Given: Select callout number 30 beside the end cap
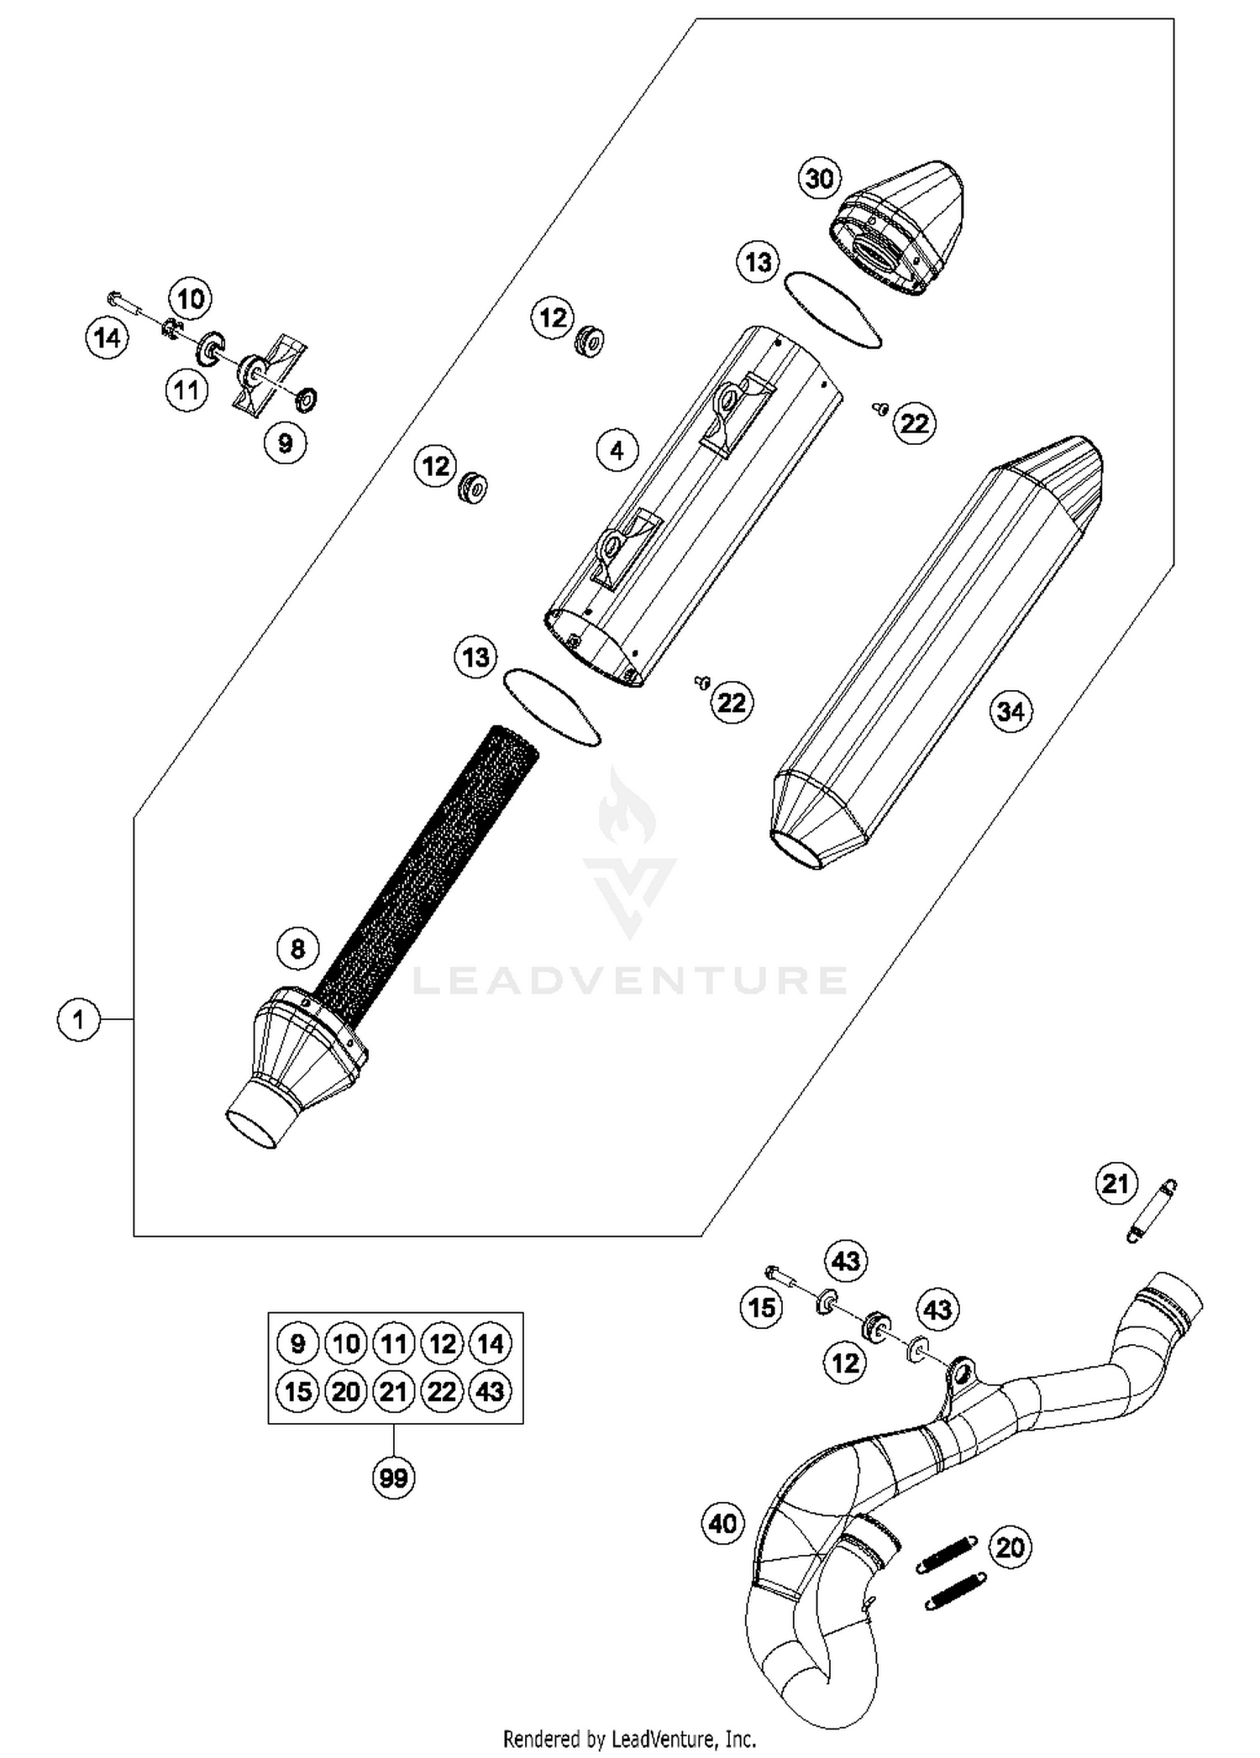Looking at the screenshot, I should point(819,178).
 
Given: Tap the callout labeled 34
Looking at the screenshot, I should point(1010,712).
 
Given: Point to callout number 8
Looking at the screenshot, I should point(297,949).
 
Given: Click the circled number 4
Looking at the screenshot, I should point(617,451).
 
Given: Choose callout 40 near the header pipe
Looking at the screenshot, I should point(722,1522).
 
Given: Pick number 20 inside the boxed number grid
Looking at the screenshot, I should point(345,1392).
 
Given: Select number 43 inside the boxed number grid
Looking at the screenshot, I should point(491,1392).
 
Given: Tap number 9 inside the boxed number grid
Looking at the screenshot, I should point(297,1344).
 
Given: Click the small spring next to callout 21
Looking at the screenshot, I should point(1151,1210).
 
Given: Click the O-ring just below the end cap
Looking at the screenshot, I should point(832,310).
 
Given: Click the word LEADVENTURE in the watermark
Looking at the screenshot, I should point(630,980).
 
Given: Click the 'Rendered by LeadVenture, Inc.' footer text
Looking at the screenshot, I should point(629,1738).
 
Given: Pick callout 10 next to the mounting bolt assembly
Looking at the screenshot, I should point(190,298).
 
